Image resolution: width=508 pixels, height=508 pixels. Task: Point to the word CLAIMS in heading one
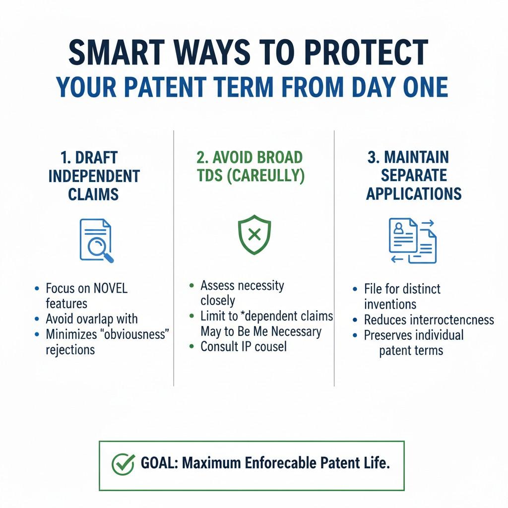(x=93, y=194)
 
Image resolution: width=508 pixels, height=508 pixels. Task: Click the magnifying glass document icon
(x=97, y=241)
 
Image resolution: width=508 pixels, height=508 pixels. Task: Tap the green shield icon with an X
(x=254, y=234)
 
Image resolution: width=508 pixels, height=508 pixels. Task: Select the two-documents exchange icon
(x=412, y=241)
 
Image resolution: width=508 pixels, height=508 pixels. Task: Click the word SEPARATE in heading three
(x=414, y=175)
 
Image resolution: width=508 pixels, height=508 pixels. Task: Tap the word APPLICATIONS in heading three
(x=414, y=194)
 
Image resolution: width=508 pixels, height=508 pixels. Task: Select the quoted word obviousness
(x=135, y=334)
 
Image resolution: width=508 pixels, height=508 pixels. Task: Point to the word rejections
(x=70, y=350)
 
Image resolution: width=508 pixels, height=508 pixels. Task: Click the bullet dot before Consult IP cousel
(x=192, y=346)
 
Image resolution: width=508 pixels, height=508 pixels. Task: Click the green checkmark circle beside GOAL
(x=123, y=464)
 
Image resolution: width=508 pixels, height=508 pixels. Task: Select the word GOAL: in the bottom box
(x=159, y=463)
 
